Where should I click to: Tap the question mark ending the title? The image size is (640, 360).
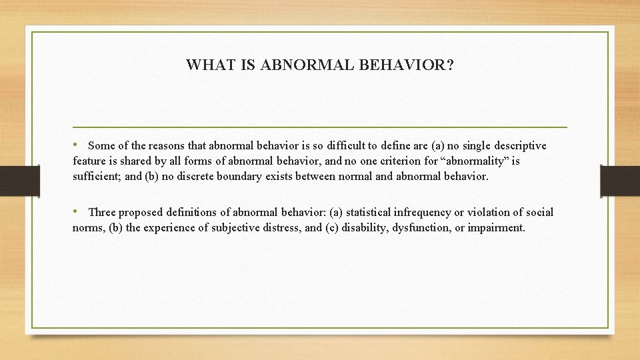click(x=451, y=65)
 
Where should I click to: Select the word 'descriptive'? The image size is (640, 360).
click(x=520, y=145)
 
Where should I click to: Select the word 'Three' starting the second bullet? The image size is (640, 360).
click(x=102, y=213)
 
